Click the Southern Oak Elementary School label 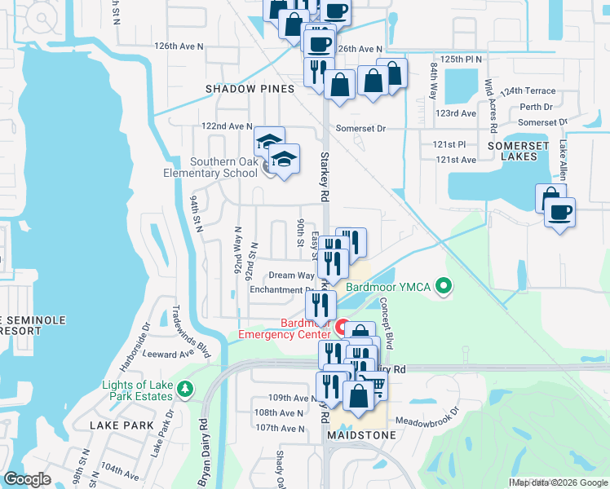[225, 167]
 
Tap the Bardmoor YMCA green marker [444, 286]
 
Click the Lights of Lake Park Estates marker [186, 390]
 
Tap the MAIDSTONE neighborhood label [361, 435]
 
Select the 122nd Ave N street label [228, 126]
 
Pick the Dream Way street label [291, 276]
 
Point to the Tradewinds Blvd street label [181, 323]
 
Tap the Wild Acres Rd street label [491, 106]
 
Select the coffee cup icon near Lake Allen [559, 213]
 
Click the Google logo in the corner [27, 479]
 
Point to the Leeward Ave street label [168, 355]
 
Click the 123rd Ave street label [456, 113]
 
